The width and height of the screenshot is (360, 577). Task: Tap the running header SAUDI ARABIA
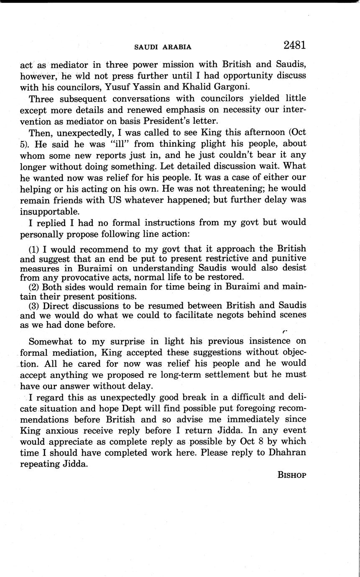coord(163,47)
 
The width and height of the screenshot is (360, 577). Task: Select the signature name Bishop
coord(292,475)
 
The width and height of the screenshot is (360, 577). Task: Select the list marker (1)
coord(34,249)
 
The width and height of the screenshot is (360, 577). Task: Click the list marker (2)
coord(34,287)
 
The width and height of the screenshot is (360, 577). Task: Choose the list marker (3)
coord(34,306)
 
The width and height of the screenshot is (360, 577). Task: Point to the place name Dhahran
coord(287,453)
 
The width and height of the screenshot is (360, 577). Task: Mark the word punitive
coord(288,258)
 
